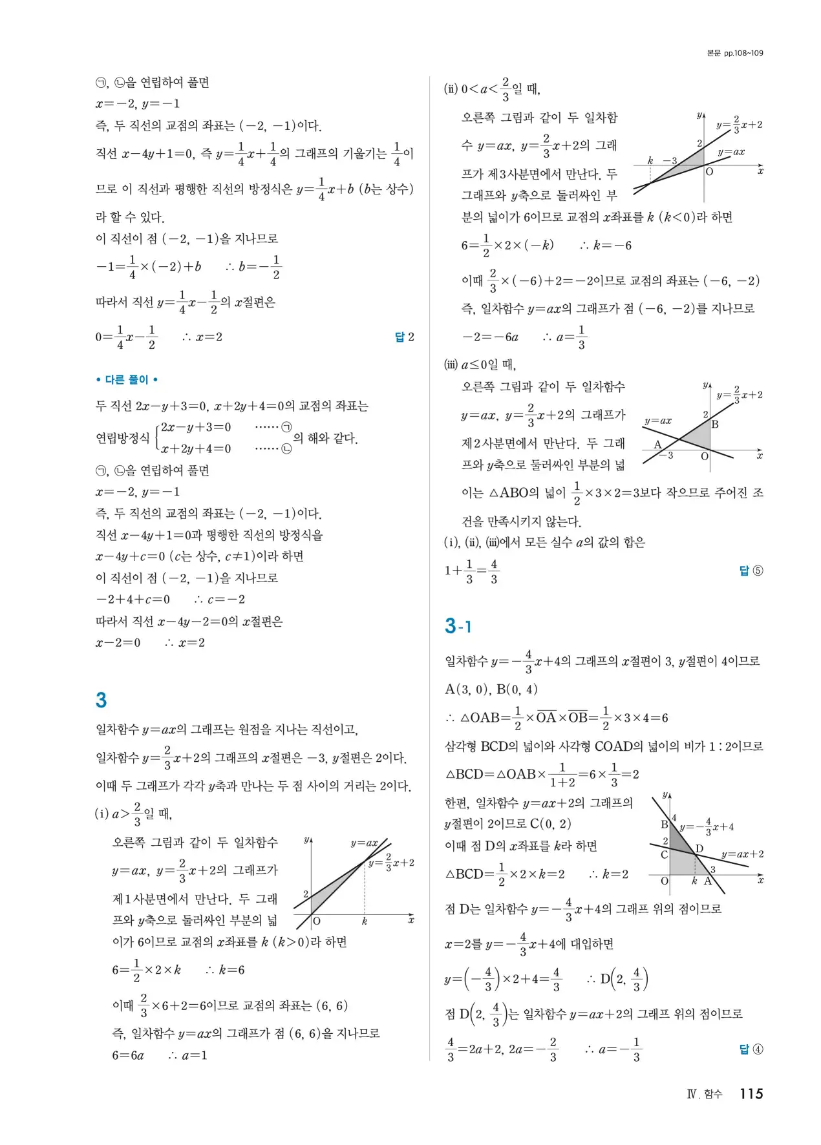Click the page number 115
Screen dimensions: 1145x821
(751, 1093)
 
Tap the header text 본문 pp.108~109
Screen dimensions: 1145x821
(735, 53)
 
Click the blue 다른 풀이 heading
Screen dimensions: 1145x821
(127, 379)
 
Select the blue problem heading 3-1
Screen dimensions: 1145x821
(458, 625)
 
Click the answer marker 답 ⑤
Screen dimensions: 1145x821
(751, 571)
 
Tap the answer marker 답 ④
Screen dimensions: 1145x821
(751, 1049)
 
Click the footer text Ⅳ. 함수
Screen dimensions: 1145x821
(705, 1094)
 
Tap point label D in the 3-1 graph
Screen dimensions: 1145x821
(699, 849)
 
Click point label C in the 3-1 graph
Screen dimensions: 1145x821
(664, 855)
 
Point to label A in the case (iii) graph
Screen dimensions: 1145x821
(657, 445)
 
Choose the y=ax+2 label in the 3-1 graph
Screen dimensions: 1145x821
(742, 854)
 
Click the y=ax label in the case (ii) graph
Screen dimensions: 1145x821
(731, 152)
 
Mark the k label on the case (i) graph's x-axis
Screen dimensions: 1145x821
(365, 921)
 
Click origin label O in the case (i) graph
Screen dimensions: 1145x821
(317, 921)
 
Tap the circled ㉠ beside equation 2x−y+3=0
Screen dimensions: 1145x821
(286, 427)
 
